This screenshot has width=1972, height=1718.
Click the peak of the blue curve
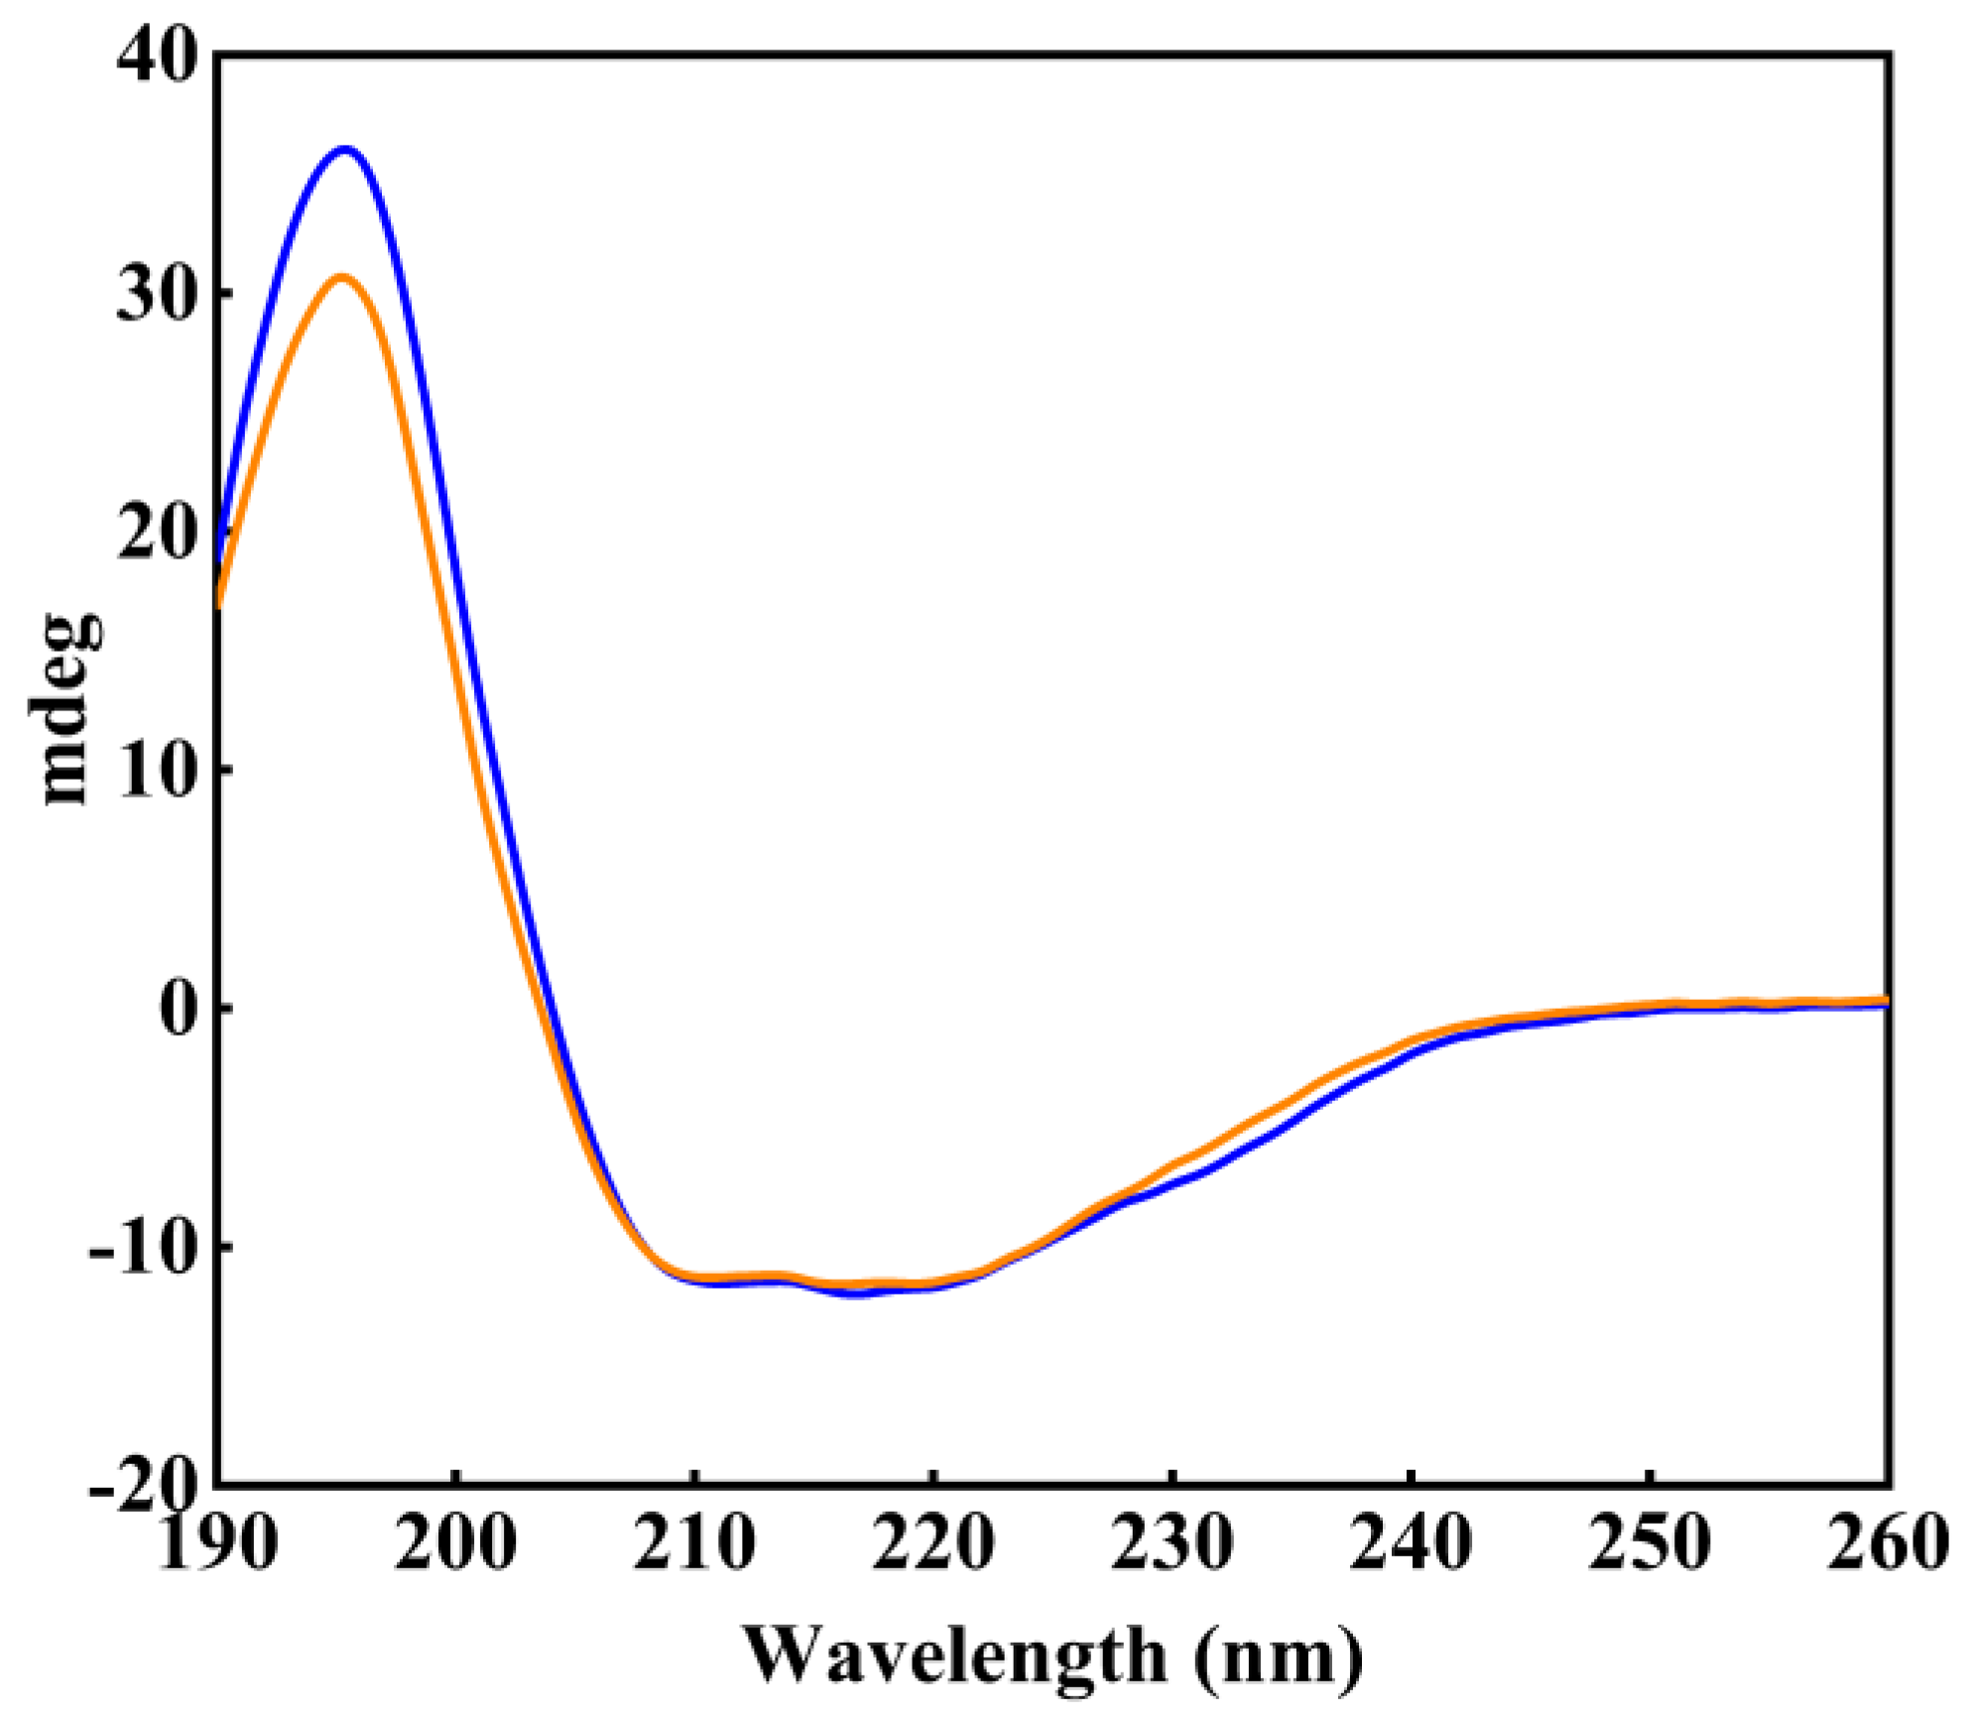tap(344, 150)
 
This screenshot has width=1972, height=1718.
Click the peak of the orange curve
tap(341, 277)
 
